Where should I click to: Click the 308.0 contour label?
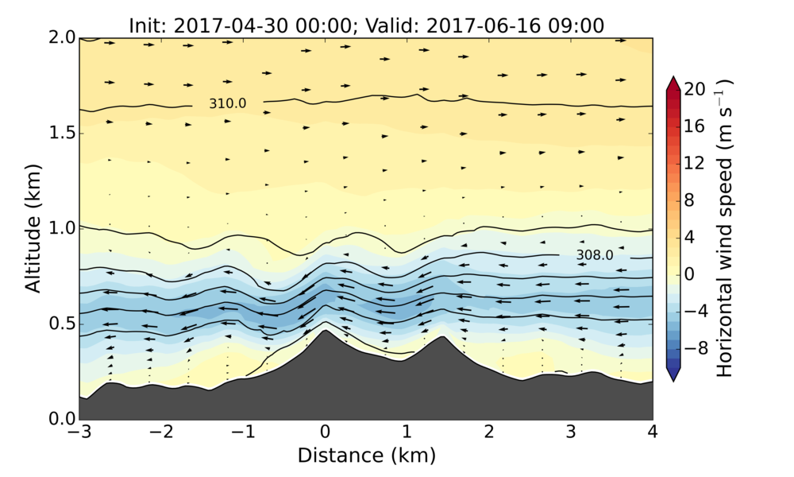pyautogui.click(x=594, y=255)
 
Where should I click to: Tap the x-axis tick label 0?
pyautogui.click(x=325, y=432)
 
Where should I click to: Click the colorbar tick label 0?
pyautogui.click(x=692, y=273)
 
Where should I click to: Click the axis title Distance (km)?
pyautogui.click(x=366, y=456)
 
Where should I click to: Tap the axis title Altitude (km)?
pyautogui.click(x=33, y=228)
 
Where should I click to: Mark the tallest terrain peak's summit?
pyautogui.click(x=325, y=330)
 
